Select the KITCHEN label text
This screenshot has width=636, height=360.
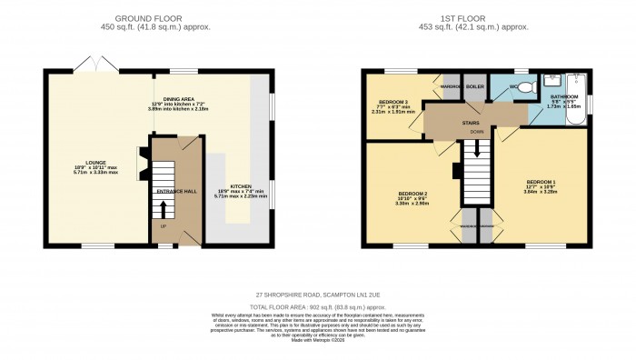(x=239, y=187)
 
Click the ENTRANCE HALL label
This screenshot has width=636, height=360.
(x=175, y=192)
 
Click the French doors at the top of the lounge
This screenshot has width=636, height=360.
(x=88, y=65)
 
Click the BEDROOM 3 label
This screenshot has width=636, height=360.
(x=393, y=103)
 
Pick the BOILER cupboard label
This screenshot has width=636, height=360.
(x=475, y=87)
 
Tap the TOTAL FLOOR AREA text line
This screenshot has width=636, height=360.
(x=317, y=306)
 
